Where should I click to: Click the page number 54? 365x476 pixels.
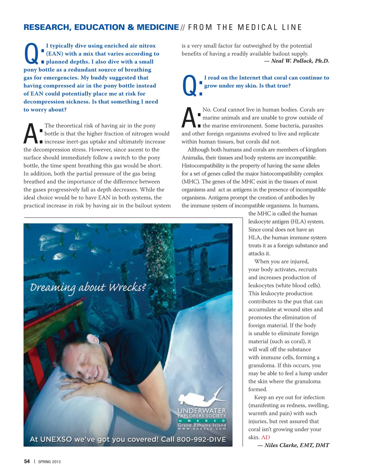(x=27, y=461)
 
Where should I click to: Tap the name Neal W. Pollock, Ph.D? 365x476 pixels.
(x=300, y=61)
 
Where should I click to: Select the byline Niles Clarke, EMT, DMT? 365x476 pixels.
(x=297, y=445)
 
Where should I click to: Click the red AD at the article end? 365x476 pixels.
(x=266, y=437)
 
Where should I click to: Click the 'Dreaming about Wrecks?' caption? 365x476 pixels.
(x=88, y=287)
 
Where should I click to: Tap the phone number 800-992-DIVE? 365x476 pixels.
(x=201, y=440)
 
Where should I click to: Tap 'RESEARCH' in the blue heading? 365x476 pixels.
(x=46, y=27)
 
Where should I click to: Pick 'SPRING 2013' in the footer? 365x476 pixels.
(x=49, y=462)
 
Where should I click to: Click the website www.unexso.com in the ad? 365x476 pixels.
(x=202, y=429)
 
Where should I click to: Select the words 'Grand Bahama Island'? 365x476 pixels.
(x=202, y=425)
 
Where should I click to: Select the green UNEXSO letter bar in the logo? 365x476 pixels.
(x=202, y=421)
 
